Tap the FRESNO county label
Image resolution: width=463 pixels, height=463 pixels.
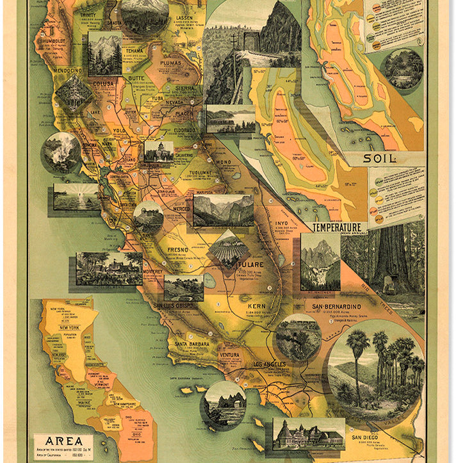point(178,248)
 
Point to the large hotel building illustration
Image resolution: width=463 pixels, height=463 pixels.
point(309,435)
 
